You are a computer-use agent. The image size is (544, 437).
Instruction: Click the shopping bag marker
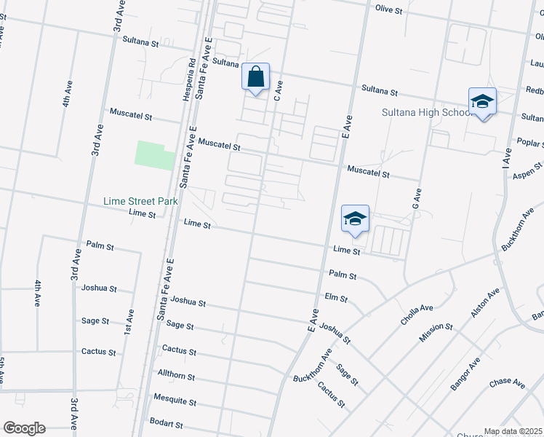click(x=255, y=76)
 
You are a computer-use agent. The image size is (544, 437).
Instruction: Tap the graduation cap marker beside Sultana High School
click(x=482, y=102)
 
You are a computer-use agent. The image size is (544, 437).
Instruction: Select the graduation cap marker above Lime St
click(x=355, y=219)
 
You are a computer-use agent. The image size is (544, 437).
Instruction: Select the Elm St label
click(x=336, y=299)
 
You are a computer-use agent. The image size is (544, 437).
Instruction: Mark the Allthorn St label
click(x=177, y=376)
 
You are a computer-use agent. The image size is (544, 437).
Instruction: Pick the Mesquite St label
click(x=175, y=400)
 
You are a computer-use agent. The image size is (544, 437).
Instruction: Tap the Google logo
click(x=24, y=428)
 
